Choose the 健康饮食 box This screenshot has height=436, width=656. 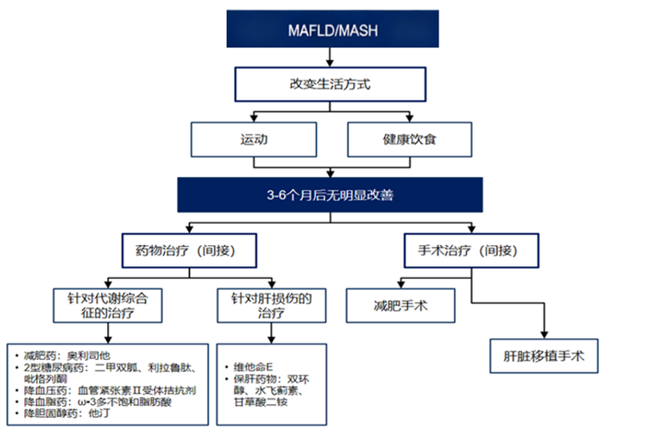410,138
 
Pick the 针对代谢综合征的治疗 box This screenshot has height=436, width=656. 109,307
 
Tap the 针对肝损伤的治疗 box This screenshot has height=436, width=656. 270,307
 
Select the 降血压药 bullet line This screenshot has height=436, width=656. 113,391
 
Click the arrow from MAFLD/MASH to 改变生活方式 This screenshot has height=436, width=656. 331,58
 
